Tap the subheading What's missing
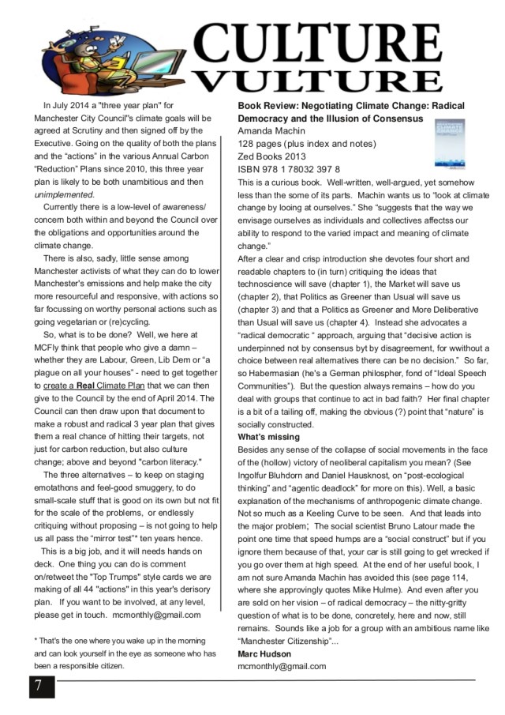pos(269,437)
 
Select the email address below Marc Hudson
pos(282,667)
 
